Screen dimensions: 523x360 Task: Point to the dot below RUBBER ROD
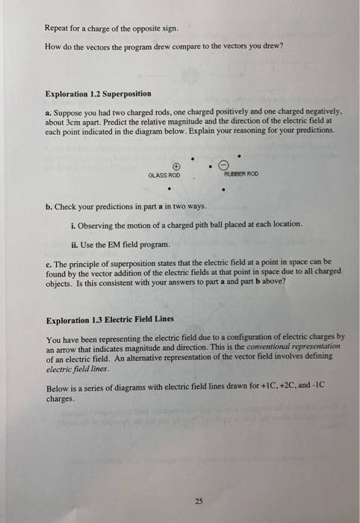pos(223,189)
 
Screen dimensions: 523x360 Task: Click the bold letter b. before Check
pos(49,206)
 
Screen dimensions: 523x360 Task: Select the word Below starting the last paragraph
pos(58,389)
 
